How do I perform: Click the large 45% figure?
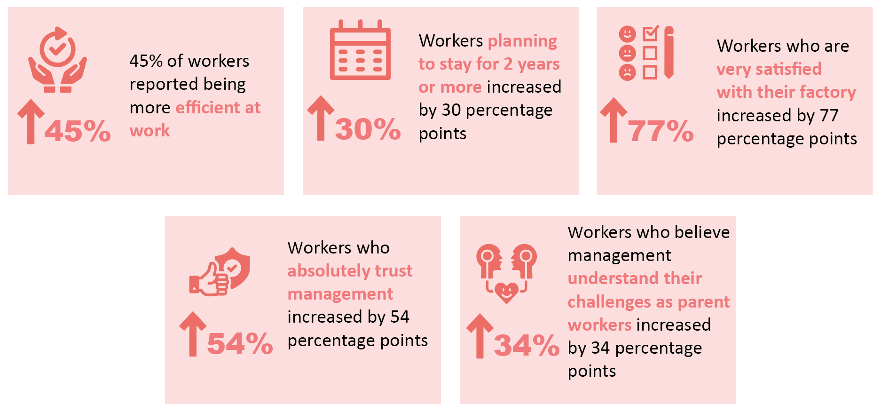(78, 131)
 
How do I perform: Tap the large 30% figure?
(368, 129)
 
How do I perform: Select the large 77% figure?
(661, 131)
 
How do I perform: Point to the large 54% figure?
(240, 343)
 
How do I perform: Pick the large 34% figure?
(527, 345)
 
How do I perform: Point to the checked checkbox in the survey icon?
(651, 33)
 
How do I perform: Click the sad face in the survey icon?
(627, 72)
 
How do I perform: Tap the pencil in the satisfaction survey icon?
(669, 52)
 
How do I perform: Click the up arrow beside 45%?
(31, 121)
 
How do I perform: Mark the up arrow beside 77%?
(614, 120)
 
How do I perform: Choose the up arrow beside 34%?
(480, 336)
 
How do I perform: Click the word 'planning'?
(522, 41)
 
